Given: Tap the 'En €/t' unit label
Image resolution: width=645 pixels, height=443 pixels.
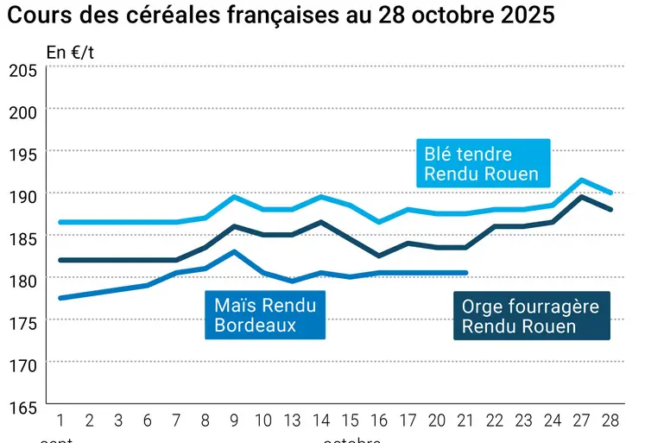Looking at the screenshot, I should click(70, 52).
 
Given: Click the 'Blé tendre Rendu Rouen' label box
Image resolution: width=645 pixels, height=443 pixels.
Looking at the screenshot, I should click(482, 164).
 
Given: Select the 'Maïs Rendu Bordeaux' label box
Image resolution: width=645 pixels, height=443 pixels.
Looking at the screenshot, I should click(265, 315).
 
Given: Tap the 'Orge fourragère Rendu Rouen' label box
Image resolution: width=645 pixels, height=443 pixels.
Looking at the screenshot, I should click(531, 316).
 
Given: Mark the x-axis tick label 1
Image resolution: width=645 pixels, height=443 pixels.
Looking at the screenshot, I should click(60, 421).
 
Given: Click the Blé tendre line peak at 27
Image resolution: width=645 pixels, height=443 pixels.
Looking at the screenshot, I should click(582, 180).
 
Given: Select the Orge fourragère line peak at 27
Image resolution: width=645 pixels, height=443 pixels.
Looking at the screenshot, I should click(582, 197).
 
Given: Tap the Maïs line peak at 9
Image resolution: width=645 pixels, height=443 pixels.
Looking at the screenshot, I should click(235, 251).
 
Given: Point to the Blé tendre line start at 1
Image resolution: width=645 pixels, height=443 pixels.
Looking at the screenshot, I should click(60, 222).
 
